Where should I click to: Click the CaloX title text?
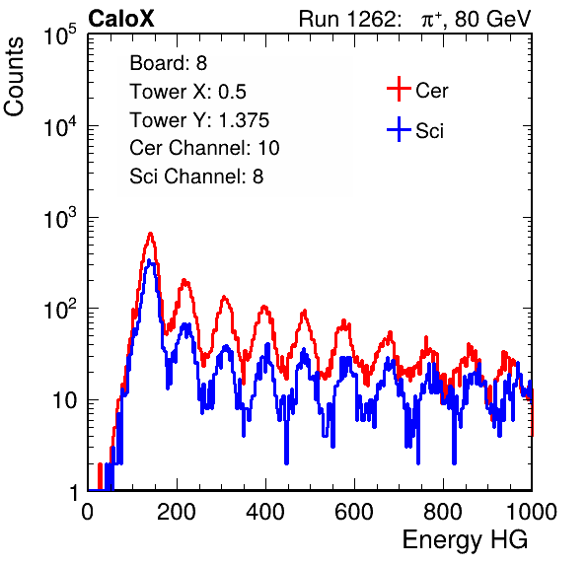(120, 19)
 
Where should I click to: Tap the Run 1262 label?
(347, 19)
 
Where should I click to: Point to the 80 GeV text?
(493, 19)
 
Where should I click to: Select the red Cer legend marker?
(399, 89)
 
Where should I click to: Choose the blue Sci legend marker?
(399, 129)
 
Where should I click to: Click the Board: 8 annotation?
(169, 63)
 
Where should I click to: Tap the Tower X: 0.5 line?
(187, 92)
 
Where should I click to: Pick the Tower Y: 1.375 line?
(199, 120)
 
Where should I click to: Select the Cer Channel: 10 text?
(205, 148)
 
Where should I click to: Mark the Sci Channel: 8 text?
(196, 176)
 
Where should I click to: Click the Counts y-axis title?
(14, 77)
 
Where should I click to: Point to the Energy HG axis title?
(465, 540)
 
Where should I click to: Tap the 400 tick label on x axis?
(265, 512)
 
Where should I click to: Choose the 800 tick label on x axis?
(443, 512)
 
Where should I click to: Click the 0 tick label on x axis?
(88, 512)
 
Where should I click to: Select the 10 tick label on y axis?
(65, 400)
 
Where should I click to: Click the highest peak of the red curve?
(150, 233)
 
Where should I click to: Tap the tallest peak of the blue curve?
(149, 260)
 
